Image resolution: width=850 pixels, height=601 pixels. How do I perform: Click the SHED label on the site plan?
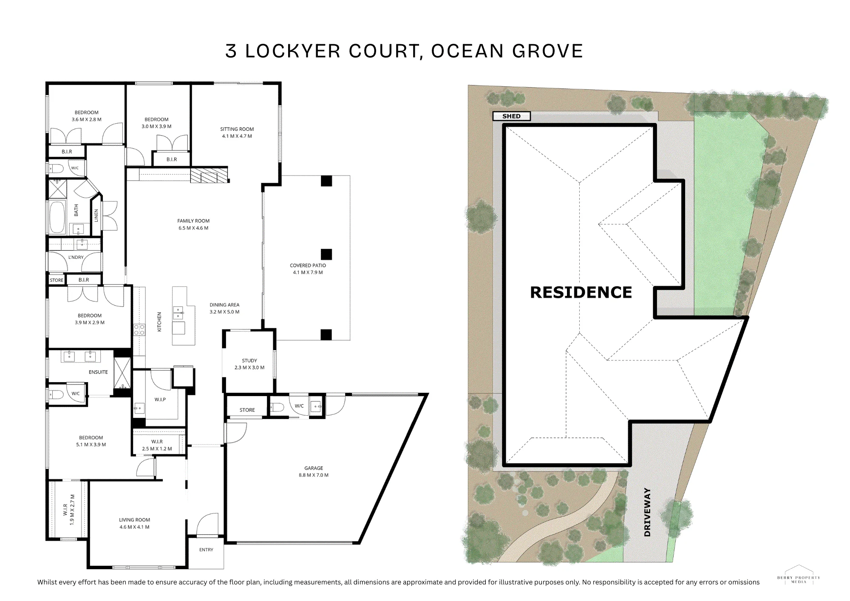511,116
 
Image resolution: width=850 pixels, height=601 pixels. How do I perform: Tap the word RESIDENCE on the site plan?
581,292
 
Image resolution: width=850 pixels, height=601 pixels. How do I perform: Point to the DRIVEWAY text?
647,512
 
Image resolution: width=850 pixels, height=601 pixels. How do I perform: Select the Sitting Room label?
237,133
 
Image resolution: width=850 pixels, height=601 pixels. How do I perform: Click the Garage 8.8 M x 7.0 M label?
314,471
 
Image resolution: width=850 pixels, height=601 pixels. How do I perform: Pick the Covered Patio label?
308,269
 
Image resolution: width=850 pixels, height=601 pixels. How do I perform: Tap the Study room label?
249,364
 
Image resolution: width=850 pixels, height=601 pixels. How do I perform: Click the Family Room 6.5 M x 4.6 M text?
193,224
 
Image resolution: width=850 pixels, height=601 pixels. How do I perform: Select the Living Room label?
134,523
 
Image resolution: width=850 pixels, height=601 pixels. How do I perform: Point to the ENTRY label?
206,550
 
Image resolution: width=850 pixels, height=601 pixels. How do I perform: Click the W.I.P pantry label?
160,400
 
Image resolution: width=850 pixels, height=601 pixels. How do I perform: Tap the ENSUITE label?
98,372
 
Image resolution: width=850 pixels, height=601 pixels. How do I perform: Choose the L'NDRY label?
76,257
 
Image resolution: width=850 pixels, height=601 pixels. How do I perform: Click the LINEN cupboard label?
96,215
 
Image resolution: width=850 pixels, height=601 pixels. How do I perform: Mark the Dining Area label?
224,308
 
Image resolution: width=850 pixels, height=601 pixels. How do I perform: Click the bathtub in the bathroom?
57,217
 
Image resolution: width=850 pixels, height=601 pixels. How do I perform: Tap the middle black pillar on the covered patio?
326,254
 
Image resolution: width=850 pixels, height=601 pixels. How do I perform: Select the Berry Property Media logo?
799,575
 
